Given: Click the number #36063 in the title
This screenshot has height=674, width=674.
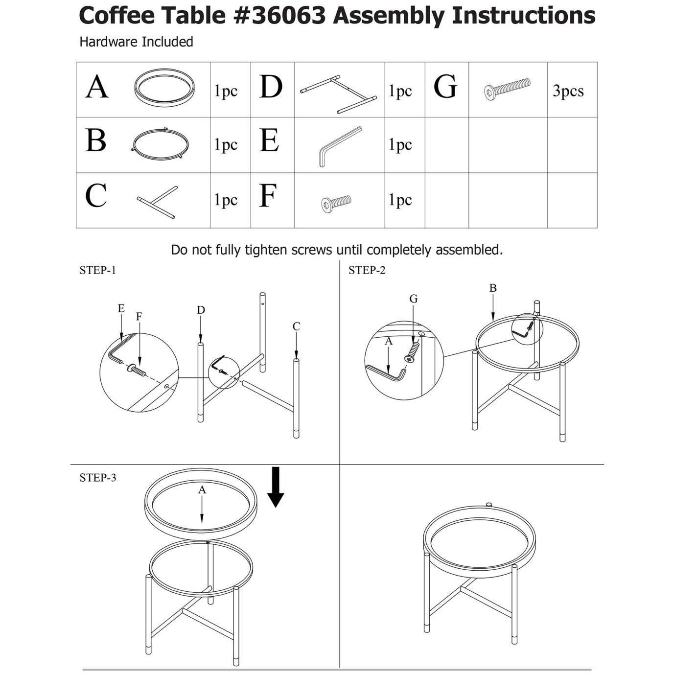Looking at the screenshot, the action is pos(279,15).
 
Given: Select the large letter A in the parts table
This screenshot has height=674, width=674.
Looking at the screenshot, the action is pos(97,87).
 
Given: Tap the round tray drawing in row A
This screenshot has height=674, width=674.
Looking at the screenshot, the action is pos(164,88).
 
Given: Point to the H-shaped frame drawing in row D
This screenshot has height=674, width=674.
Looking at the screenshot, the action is pos(339,94).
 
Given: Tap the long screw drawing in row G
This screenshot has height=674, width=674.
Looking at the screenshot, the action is pos(507,89).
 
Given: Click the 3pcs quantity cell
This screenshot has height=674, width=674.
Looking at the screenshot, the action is pos(568,91).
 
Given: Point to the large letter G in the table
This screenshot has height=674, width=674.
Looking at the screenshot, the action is pos(445,87).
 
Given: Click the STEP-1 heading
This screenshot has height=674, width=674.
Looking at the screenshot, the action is pos(97,270).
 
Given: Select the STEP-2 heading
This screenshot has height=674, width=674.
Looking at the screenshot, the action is pos(367,270).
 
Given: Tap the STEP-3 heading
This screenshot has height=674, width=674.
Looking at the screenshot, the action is pos(97,477).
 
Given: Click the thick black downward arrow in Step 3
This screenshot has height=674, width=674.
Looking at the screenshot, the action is pos(276,487).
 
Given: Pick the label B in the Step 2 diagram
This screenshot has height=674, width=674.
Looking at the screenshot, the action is pos(493,288).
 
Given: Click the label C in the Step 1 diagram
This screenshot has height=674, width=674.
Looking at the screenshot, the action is pos(296,326).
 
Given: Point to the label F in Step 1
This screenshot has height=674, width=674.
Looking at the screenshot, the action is pos(139,317).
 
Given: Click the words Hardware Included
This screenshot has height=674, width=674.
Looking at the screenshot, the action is pos(137,42).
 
